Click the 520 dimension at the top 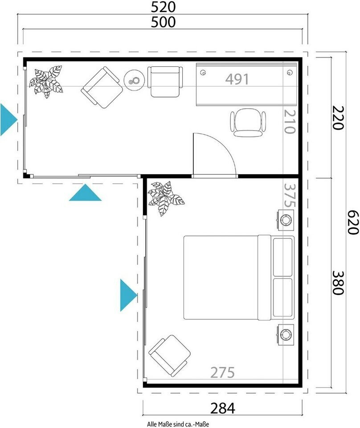(x=163, y=8)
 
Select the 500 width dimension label (x=163, y=22)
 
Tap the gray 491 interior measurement (x=237, y=79)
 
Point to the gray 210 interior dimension (x=289, y=121)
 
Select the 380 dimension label (x=338, y=283)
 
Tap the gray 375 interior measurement (x=289, y=195)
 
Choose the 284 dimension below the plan (x=222, y=408)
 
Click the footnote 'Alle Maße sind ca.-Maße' (x=178, y=424)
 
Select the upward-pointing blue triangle (x=86, y=193)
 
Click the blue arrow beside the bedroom (x=128, y=295)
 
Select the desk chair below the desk (x=248, y=123)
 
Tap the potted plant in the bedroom (x=165, y=198)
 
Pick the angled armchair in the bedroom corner (x=170, y=356)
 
